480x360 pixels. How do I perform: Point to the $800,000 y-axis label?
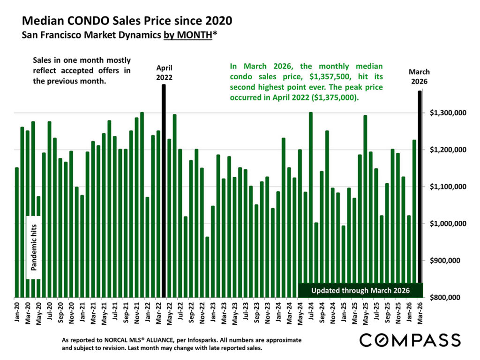pyautogui.click(x=447, y=298)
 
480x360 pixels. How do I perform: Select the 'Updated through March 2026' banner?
pyautogui.click(x=360, y=291)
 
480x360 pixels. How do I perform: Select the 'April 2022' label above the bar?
pyautogui.click(x=164, y=73)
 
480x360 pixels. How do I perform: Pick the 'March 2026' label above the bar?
pyautogui.click(x=419, y=76)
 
